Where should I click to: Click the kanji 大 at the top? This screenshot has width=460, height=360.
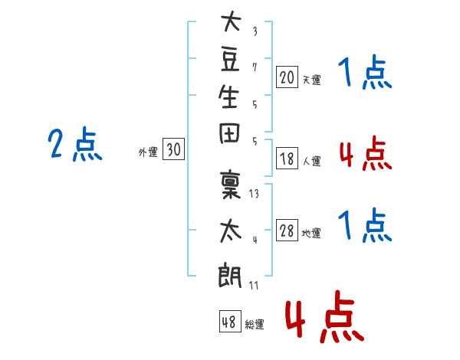point(231,21)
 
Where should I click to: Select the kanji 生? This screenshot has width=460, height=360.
point(228,97)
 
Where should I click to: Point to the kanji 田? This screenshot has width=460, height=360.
point(229,133)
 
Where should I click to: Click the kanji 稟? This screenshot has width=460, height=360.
point(231,185)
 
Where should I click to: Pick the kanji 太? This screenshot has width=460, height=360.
point(231,231)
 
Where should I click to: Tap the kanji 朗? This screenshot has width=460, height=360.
point(230,276)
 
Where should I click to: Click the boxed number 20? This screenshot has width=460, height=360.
point(287,77)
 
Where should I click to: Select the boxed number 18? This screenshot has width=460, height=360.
point(287,158)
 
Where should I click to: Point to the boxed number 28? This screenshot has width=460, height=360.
point(287,230)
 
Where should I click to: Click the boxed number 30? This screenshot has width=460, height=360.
point(174,149)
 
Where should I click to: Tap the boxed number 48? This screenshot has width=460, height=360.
point(230,321)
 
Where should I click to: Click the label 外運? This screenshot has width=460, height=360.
point(148,152)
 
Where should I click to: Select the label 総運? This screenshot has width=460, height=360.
point(255,324)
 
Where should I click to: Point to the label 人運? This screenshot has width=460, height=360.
point(312,161)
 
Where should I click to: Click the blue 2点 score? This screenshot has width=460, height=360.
point(75,144)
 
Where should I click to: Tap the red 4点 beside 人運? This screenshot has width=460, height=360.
point(366,153)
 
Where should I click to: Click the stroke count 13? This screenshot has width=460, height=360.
point(254,194)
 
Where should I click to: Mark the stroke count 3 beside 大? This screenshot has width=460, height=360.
point(255,31)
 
